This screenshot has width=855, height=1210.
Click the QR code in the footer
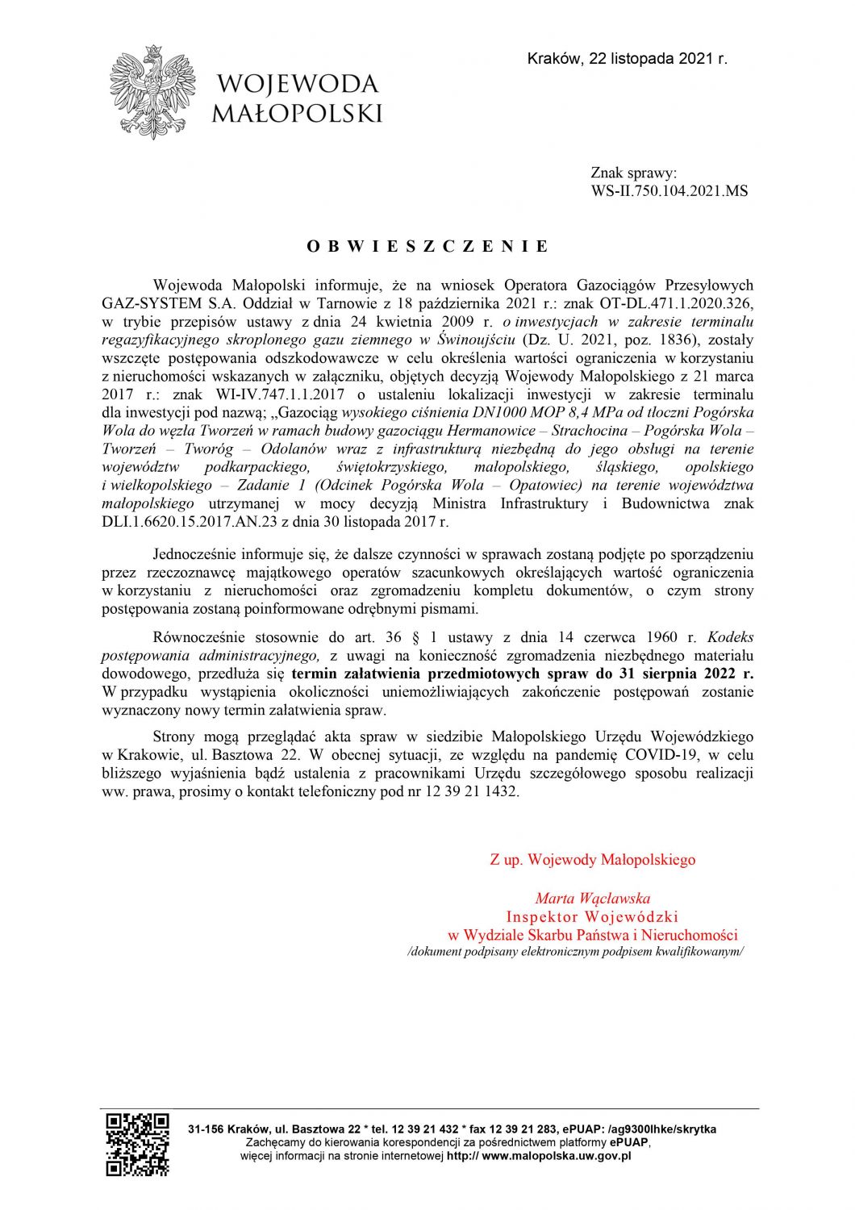tap(138, 1143)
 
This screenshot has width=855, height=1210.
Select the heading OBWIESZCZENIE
tap(427, 246)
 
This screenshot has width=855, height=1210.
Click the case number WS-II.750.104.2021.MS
tap(669, 191)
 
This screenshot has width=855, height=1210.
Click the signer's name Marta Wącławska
tap(592, 898)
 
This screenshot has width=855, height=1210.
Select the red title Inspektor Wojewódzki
tap(592, 916)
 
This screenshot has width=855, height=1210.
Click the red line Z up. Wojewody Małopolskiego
tap(592, 860)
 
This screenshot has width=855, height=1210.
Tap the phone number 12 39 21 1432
tap(473, 791)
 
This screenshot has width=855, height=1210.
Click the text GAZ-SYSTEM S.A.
tap(149, 303)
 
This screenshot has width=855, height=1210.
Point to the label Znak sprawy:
tap(633, 173)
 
